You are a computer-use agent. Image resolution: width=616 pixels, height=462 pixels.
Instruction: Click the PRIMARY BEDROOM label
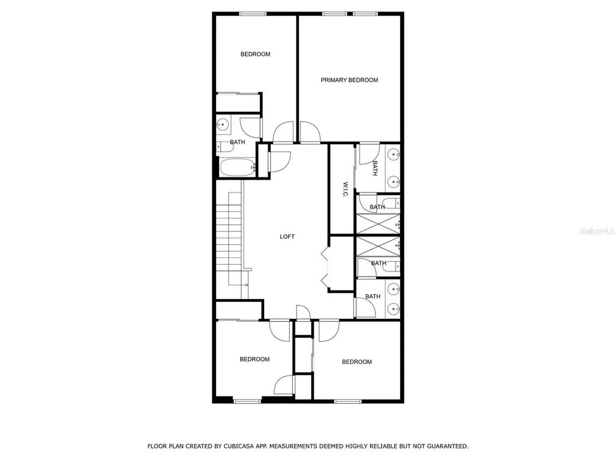tap(349, 80)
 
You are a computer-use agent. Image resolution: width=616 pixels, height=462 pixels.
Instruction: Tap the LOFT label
tap(288, 236)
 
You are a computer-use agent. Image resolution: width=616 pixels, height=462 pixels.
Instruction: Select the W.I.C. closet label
tap(346, 190)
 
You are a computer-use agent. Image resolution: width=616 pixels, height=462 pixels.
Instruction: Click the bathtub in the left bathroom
tap(238, 167)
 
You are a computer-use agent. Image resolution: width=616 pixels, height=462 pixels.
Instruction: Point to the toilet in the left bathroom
tap(226, 146)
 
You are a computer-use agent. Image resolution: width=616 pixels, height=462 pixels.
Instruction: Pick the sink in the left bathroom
tap(223, 125)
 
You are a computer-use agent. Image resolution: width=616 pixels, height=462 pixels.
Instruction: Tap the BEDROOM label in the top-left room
tap(255, 54)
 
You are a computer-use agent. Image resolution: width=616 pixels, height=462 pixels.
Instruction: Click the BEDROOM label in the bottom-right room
tap(357, 362)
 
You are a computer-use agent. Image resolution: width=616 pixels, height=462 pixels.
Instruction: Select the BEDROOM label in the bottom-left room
tap(254, 359)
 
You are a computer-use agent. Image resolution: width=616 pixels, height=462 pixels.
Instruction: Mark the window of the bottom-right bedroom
tap(348, 401)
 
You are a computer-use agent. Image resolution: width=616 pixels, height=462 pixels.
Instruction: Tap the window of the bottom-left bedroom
tap(247, 401)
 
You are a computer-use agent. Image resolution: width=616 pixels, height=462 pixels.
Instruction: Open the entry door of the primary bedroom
tap(310, 132)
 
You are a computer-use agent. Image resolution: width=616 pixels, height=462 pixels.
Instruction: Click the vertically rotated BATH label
tap(375, 168)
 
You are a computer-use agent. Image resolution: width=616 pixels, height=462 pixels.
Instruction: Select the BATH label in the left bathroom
tap(238, 142)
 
